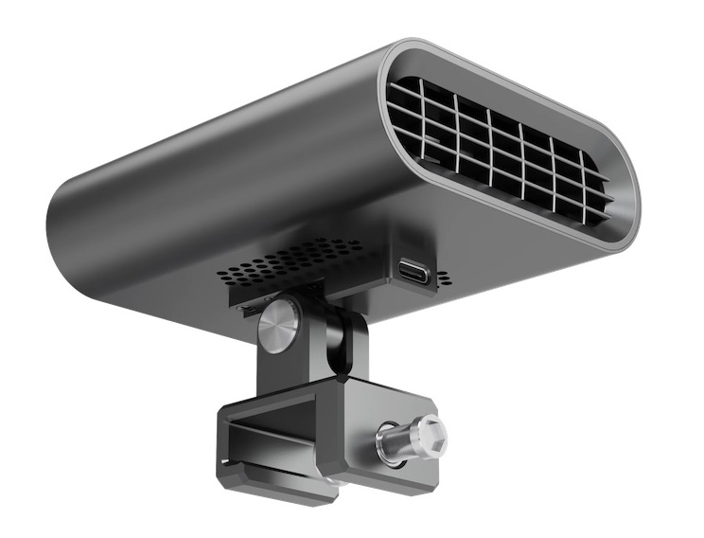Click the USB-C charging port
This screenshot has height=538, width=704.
(414, 273)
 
